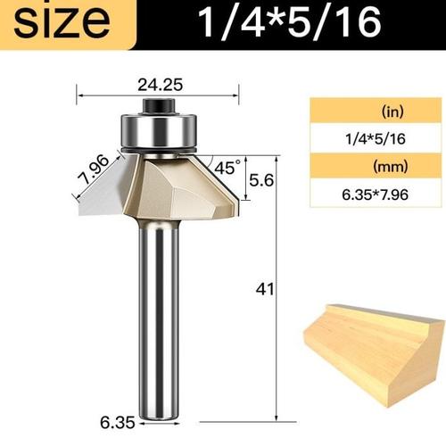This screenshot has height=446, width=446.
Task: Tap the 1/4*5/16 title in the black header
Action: (289, 21)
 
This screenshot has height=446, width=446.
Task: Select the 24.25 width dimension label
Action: (160, 85)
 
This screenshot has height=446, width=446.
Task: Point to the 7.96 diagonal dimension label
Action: (94, 169)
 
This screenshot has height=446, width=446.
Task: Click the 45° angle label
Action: (227, 167)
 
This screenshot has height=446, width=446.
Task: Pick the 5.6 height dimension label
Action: (261, 180)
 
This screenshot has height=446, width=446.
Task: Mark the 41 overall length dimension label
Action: (265, 289)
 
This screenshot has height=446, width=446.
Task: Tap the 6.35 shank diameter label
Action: (118, 423)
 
